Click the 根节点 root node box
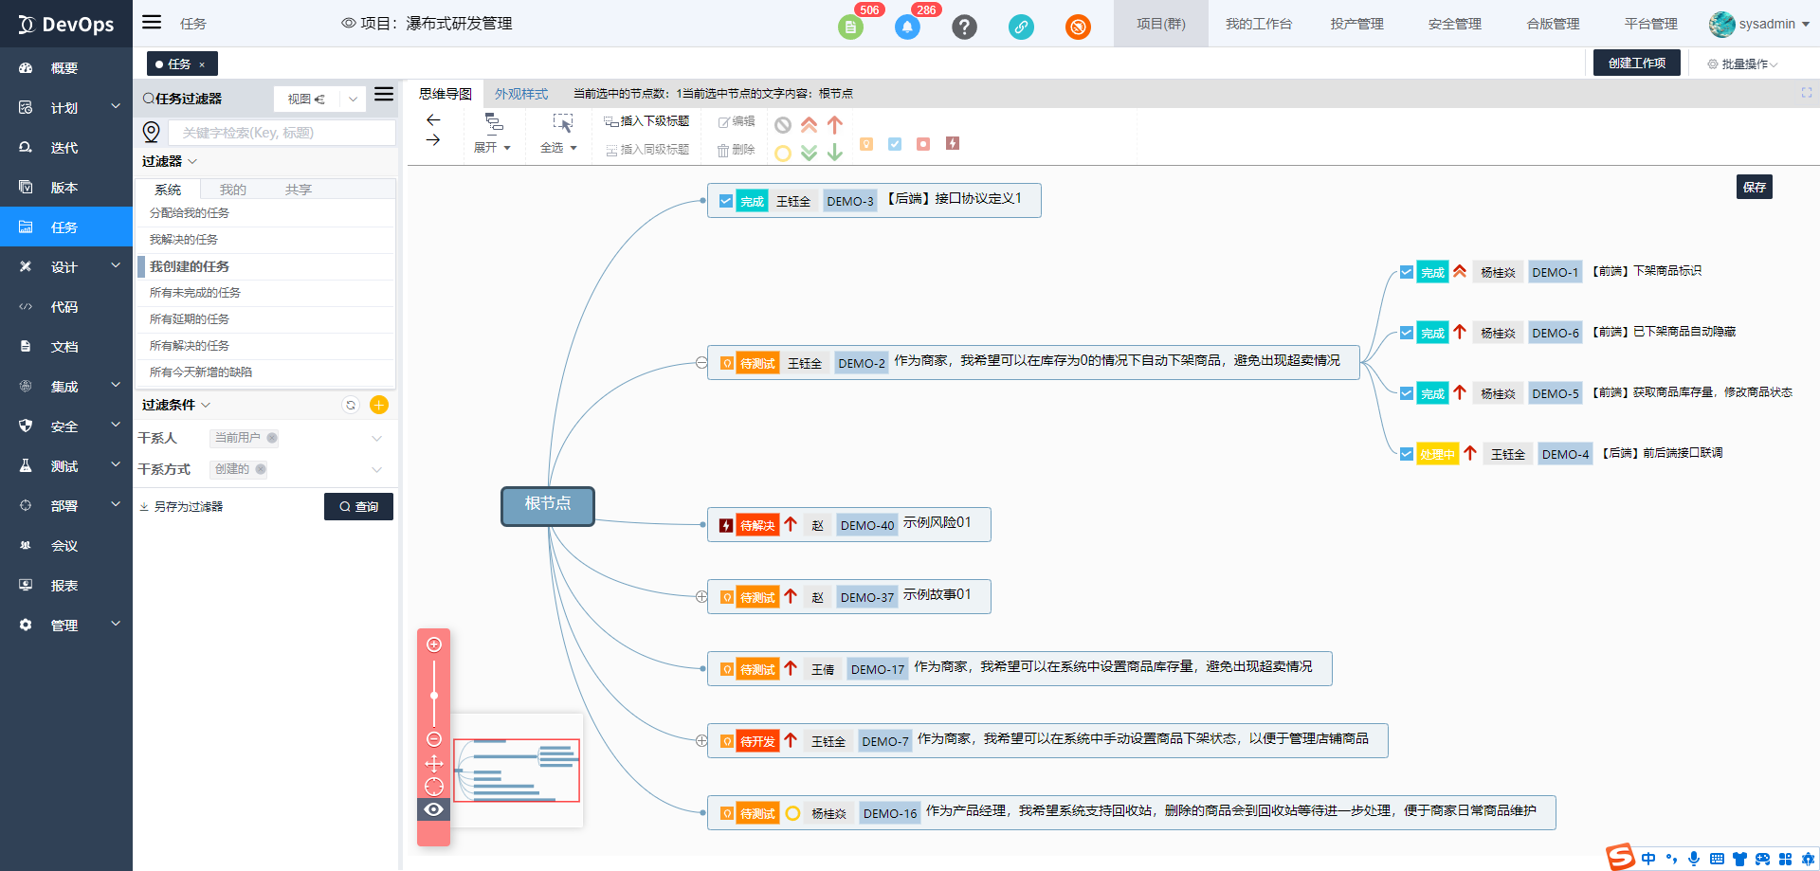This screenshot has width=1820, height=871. point(548,505)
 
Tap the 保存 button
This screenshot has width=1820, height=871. point(1755,187)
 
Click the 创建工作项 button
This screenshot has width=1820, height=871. point(1637,63)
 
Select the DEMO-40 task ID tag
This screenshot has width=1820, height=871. point(867,525)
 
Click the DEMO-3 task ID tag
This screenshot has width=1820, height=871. point(850,201)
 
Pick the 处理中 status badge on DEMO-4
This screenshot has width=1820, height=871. point(1437,454)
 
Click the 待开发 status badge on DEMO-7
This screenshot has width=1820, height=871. point(757,741)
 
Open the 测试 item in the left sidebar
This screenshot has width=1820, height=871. point(64,466)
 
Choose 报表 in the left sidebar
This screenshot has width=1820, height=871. point(64,586)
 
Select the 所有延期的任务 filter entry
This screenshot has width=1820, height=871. point(190,319)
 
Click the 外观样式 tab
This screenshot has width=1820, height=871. point(521,94)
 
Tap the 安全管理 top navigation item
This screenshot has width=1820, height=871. point(1454,24)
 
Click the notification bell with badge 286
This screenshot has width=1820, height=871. point(907,27)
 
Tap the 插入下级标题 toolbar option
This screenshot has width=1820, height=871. point(647,121)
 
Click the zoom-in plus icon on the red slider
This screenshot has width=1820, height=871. point(434,644)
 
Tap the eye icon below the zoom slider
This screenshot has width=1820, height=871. point(434,809)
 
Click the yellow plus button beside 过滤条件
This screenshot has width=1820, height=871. point(379,405)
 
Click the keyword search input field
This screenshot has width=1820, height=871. point(282,133)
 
